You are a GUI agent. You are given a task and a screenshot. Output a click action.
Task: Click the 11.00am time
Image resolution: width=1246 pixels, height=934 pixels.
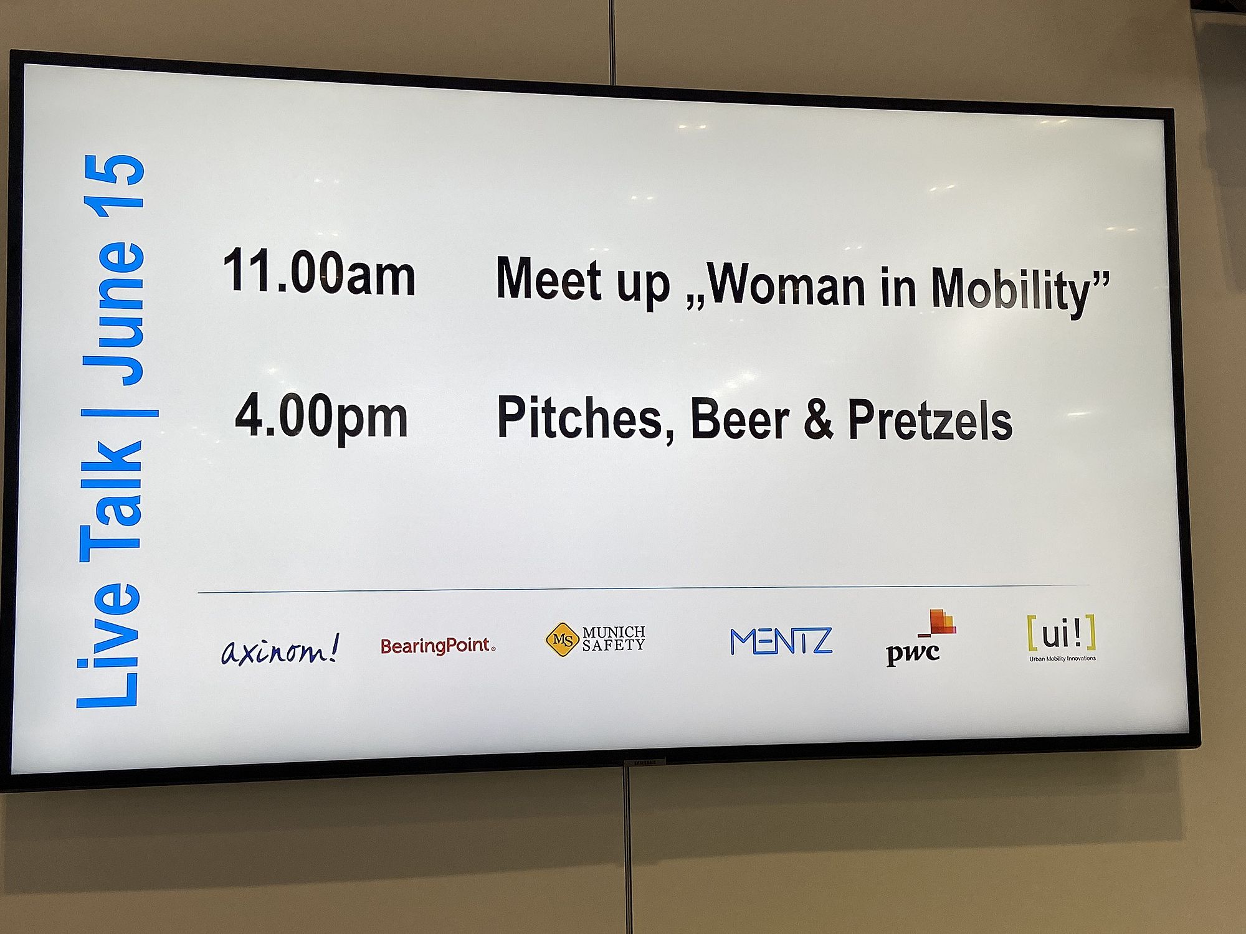pos(319,271)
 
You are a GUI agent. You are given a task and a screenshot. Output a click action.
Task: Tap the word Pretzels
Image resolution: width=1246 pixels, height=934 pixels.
pos(930,421)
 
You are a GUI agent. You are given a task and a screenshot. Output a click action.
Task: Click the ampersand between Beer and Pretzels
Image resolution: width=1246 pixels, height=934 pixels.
pos(818,420)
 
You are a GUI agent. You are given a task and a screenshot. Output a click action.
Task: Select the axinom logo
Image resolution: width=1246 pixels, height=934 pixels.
pos(280,649)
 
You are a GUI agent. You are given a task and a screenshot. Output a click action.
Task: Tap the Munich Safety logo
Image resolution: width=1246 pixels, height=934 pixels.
pos(595,639)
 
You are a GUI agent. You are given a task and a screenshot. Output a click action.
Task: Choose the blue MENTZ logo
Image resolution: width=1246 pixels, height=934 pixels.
pos(781,641)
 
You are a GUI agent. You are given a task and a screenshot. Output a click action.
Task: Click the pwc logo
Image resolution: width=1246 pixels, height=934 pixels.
pos(920,638)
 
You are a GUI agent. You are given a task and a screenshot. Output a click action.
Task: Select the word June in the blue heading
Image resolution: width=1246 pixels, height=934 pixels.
pos(115,312)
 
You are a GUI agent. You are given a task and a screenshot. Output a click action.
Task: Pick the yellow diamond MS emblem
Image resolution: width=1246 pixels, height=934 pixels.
pos(563,639)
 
